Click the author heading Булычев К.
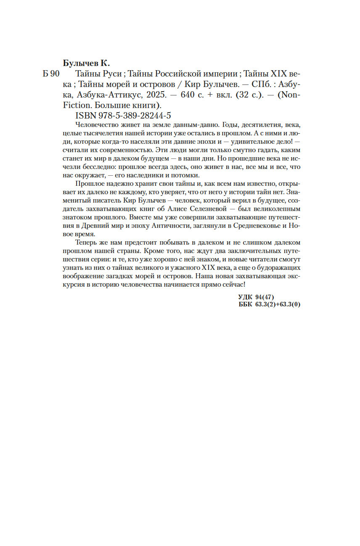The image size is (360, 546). pyautogui.click(x=86, y=63)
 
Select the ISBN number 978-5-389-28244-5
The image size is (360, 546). pyautogui.click(x=133, y=115)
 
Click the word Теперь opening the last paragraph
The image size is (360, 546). pyautogui.click(x=86, y=243)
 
